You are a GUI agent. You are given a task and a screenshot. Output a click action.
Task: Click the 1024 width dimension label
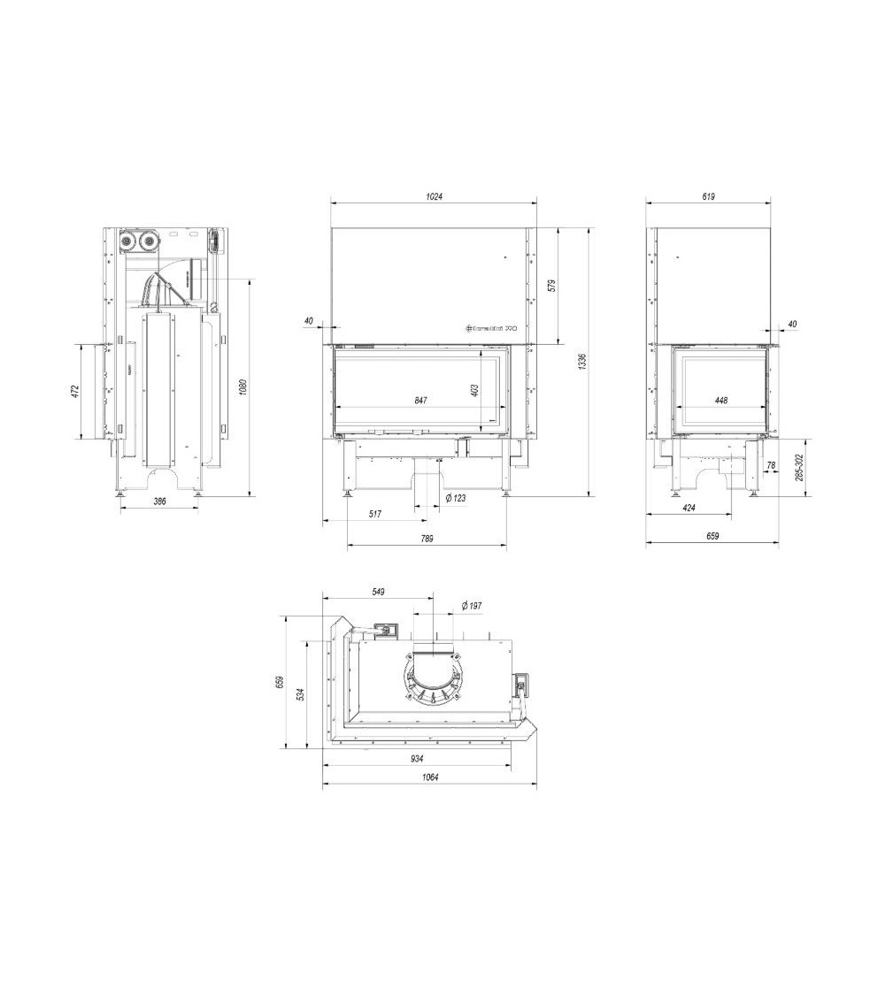click(x=433, y=196)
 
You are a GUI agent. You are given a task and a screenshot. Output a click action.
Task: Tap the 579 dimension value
click(x=550, y=286)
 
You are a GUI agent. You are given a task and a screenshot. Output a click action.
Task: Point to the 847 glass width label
click(x=420, y=401)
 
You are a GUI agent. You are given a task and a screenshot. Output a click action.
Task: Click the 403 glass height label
click(x=474, y=389)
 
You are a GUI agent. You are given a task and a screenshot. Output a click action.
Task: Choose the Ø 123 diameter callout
click(x=455, y=499)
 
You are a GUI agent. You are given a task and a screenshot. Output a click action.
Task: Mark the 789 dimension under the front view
click(x=427, y=539)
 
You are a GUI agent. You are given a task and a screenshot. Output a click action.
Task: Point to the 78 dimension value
click(x=770, y=466)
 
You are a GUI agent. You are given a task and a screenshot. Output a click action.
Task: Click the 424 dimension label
click(x=688, y=508)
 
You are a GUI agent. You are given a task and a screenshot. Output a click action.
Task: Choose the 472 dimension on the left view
click(x=75, y=390)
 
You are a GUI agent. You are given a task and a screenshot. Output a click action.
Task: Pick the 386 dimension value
click(x=160, y=501)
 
